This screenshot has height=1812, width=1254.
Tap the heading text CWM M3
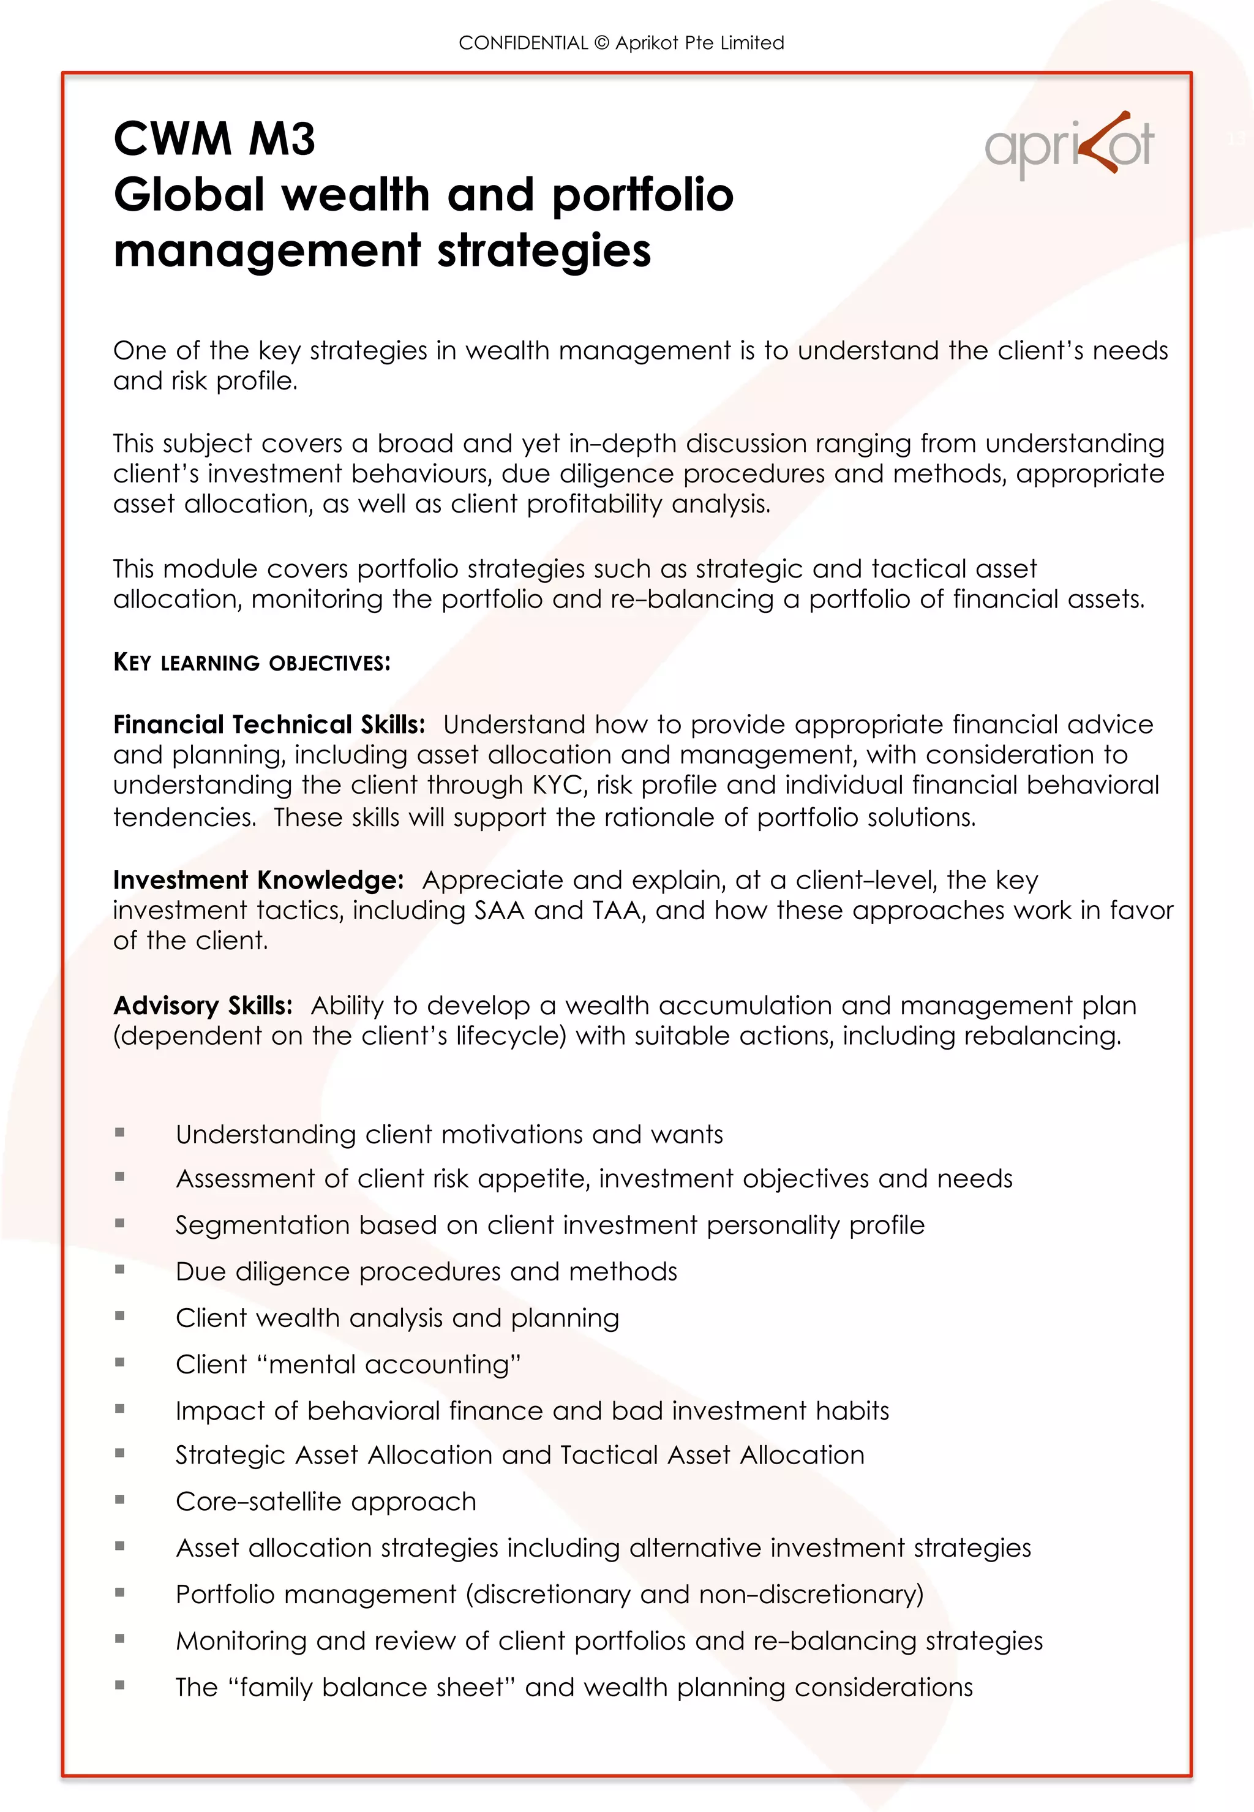pyautogui.click(x=214, y=139)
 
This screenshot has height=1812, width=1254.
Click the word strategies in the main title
pyautogui.click(x=544, y=250)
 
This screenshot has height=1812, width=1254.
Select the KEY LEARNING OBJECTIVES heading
pyautogui.click(x=252, y=663)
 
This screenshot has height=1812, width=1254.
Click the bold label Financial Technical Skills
pyautogui.click(x=269, y=724)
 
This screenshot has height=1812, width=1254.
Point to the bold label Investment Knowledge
pyautogui.click(x=258, y=879)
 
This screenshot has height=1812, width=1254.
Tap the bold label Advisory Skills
pyautogui.click(x=203, y=1005)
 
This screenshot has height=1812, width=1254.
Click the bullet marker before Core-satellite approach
pyautogui.click(x=119, y=1499)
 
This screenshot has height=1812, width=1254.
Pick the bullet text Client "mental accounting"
pyautogui.click(x=348, y=1364)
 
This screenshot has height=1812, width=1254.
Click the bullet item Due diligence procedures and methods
pyautogui.click(x=426, y=1271)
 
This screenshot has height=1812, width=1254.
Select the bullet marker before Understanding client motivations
pyautogui.click(x=119, y=1132)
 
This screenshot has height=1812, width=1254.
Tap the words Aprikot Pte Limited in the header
pyautogui.click(x=699, y=43)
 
